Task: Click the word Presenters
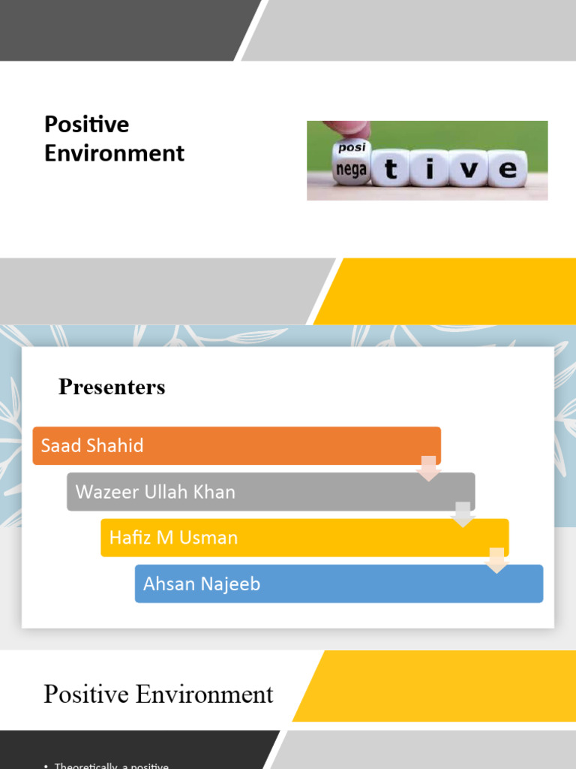[112, 388]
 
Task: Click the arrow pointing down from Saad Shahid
[428, 468]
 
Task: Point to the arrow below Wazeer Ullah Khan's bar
[463, 514]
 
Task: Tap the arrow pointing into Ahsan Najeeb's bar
[496, 560]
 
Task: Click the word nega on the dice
[351, 170]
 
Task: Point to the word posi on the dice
[352, 148]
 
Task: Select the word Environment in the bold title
[114, 153]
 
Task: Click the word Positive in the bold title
[86, 125]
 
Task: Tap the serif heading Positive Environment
[158, 695]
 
